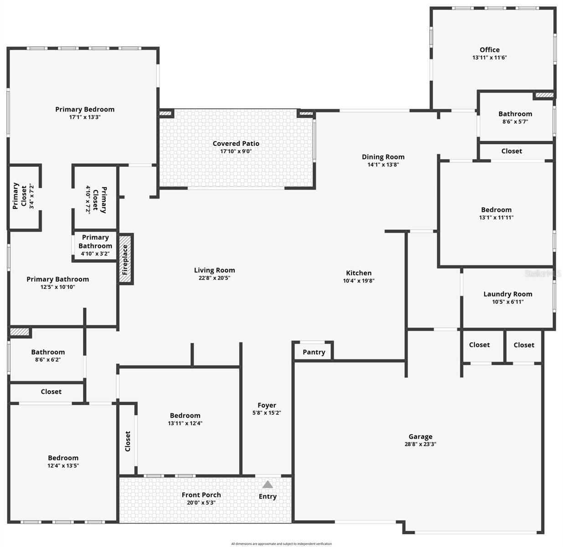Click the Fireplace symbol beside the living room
pyautogui.click(x=125, y=259)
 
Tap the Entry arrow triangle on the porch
pyautogui.click(x=268, y=485)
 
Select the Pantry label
pyautogui.click(x=314, y=352)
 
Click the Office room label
pyautogui.click(x=490, y=50)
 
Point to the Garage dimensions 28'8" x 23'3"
pyautogui.click(x=420, y=444)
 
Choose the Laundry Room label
pyautogui.click(x=507, y=294)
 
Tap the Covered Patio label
pyautogui.click(x=236, y=144)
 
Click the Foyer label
pyautogui.click(x=267, y=405)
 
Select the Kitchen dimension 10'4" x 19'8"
pyautogui.click(x=359, y=281)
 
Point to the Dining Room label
pyautogui.click(x=383, y=157)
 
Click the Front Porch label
pyautogui.click(x=201, y=495)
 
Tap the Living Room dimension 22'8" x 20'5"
pyautogui.click(x=214, y=278)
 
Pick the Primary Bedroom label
pyautogui.click(x=85, y=109)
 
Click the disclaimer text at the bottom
pyautogui.click(x=281, y=544)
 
